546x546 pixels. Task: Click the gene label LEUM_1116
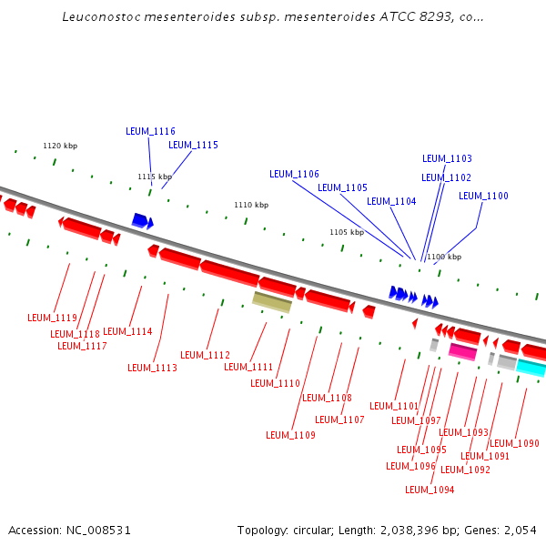coord(150,131)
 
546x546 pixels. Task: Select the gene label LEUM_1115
coord(193,145)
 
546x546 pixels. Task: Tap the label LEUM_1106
coord(294,174)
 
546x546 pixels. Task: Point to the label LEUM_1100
coord(483,196)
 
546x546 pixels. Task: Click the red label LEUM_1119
coord(52,318)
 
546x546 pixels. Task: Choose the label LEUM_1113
coord(152,368)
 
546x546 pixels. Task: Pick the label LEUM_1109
coord(290,435)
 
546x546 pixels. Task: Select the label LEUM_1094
coord(430,490)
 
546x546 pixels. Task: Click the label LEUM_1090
coord(514,443)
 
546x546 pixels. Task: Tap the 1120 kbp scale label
coord(60,146)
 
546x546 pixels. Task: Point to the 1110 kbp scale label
coord(251,206)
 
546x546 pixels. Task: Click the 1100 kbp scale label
coord(443,257)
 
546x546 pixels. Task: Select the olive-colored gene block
coord(271,302)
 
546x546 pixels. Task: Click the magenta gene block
coord(462,351)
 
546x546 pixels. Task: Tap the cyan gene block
coord(531,368)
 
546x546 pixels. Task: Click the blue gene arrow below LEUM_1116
coord(141,220)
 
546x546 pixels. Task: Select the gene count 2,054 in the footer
coord(520,530)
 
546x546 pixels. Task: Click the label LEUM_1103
coord(447,158)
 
